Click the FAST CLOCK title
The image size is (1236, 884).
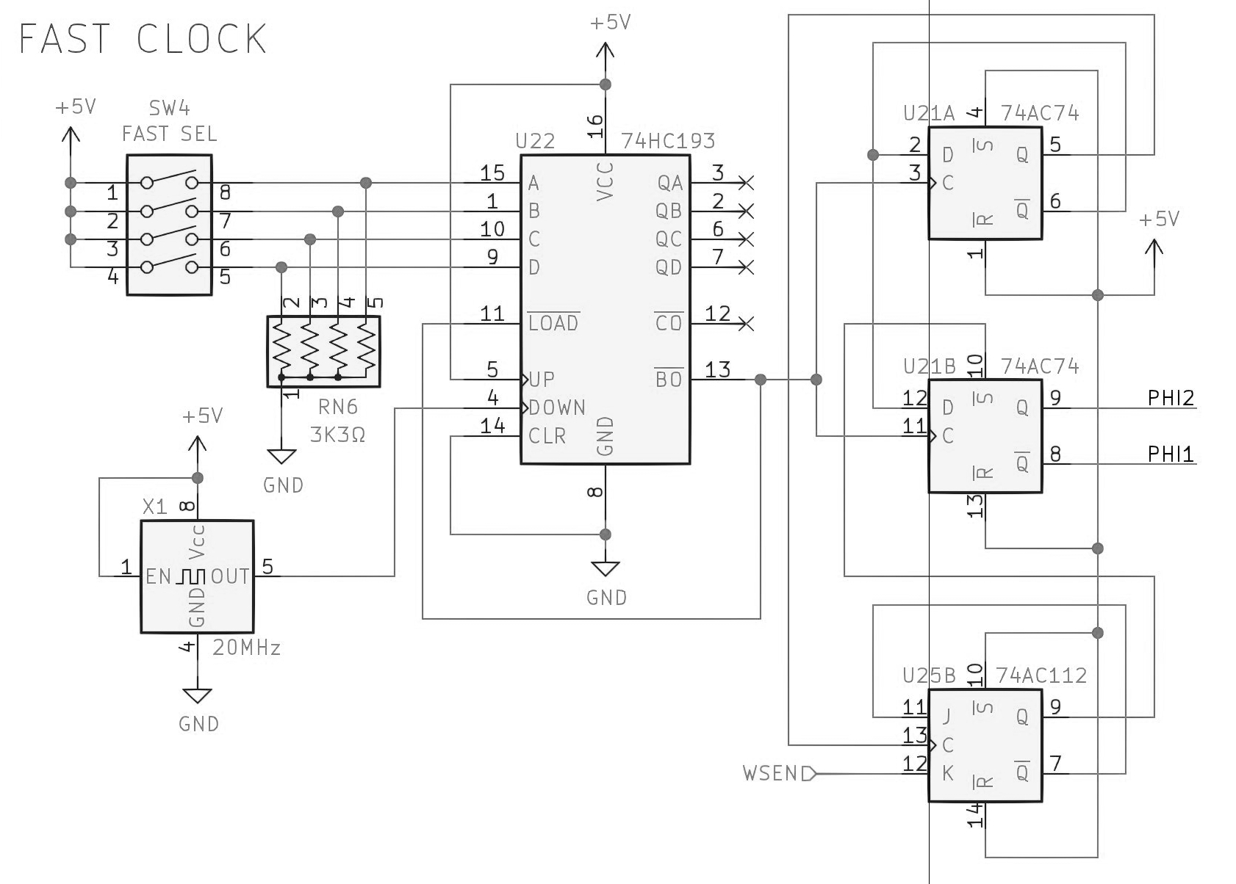tap(143, 39)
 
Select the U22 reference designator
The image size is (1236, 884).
tap(535, 141)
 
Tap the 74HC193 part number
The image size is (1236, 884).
tap(668, 141)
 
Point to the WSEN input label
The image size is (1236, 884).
tap(770, 774)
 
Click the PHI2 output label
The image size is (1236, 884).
tap(1171, 399)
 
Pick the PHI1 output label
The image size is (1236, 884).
tap(1171, 454)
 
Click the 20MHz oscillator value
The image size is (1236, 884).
tap(246, 648)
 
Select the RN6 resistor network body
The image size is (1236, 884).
tap(323, 351)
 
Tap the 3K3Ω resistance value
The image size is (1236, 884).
tap(337, 435)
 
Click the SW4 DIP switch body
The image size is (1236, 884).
tap(170, 225)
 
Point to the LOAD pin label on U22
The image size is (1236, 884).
tap(553, 323)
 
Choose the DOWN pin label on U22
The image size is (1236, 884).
tap(557, 407)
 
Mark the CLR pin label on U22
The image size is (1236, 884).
tap(547, 436)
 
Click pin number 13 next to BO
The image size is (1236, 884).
tap(717, 369)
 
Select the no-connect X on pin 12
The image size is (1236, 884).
tap(747, 323)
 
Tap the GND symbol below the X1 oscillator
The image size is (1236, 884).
tap(197, 696)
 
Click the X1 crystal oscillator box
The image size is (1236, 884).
tap(197, 576)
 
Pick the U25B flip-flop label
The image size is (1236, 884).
tap(929, 675)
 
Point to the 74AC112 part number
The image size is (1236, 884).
tap(1041, 675)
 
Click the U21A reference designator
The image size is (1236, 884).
tap(929, 113)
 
